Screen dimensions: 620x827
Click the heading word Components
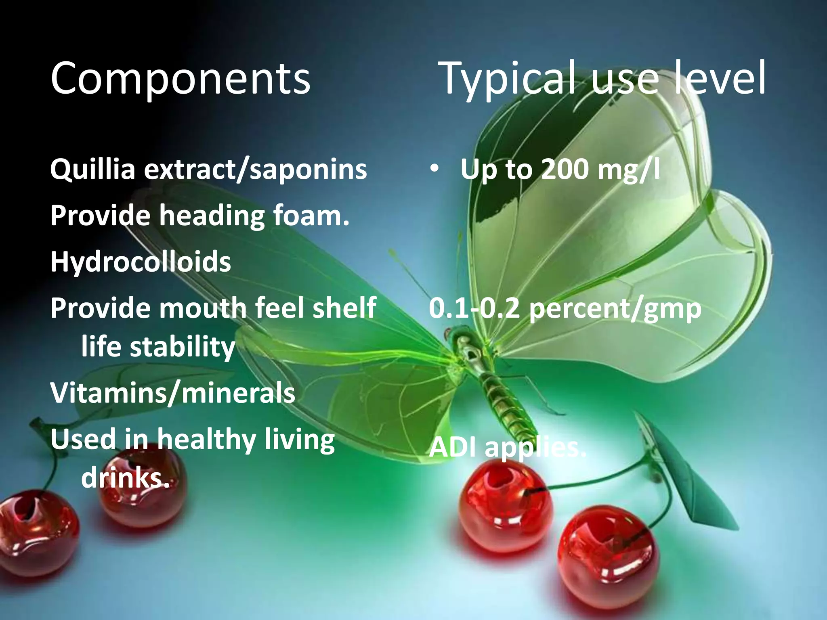click(x=181, y=79)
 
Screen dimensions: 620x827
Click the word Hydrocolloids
click(x=141, y=262)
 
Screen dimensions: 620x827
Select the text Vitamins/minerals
click(x=173, y=393)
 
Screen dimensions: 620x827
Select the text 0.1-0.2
click(x=474, y=308)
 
